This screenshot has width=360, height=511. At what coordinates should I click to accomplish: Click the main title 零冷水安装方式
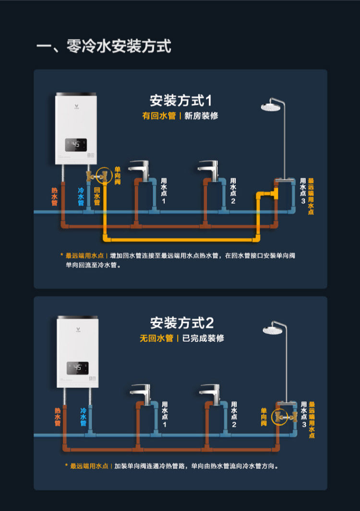104,47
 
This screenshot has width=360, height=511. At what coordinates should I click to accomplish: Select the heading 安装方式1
180,101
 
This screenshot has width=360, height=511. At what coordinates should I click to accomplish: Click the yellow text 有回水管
159,116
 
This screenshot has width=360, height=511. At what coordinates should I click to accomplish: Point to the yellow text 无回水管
156,338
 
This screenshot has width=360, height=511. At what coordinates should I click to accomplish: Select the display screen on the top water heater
76,145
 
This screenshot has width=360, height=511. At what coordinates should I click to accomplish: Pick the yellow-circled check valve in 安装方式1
104,176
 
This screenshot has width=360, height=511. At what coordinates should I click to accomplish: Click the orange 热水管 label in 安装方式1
54,196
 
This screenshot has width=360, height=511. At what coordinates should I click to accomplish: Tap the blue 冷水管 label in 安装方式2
83,417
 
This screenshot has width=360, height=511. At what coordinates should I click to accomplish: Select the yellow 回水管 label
96,196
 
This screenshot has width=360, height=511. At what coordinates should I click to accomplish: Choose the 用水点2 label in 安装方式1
233,190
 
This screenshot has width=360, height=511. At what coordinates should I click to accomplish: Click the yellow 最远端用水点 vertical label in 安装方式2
312,420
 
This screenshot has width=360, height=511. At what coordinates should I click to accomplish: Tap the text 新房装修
201,116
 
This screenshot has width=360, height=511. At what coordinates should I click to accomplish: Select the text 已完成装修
204,338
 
